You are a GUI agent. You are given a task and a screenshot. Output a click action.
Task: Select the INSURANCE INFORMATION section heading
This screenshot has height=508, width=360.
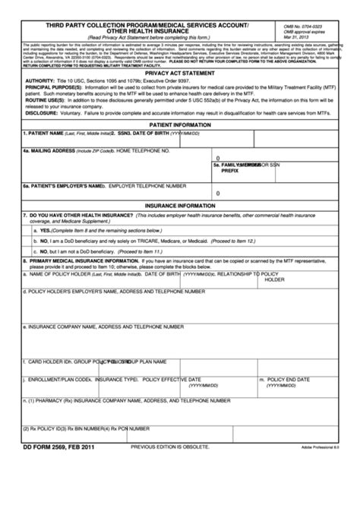pyautogui.click(x=180, y=205)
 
